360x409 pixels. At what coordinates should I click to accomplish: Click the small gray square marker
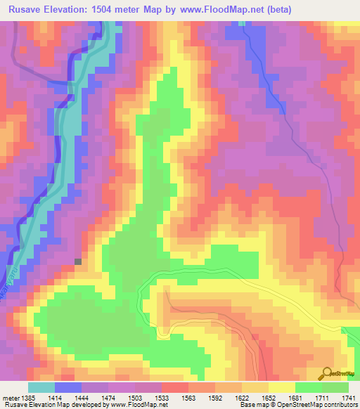[x=77, y=261]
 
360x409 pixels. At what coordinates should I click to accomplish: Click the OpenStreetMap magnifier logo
[x=327, y=374]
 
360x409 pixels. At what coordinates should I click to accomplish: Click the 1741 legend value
[x=347, y=398]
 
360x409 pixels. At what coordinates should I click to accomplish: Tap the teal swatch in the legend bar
[x=41, y=387]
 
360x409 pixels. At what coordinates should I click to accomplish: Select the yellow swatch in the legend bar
[x=282, y=387]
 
